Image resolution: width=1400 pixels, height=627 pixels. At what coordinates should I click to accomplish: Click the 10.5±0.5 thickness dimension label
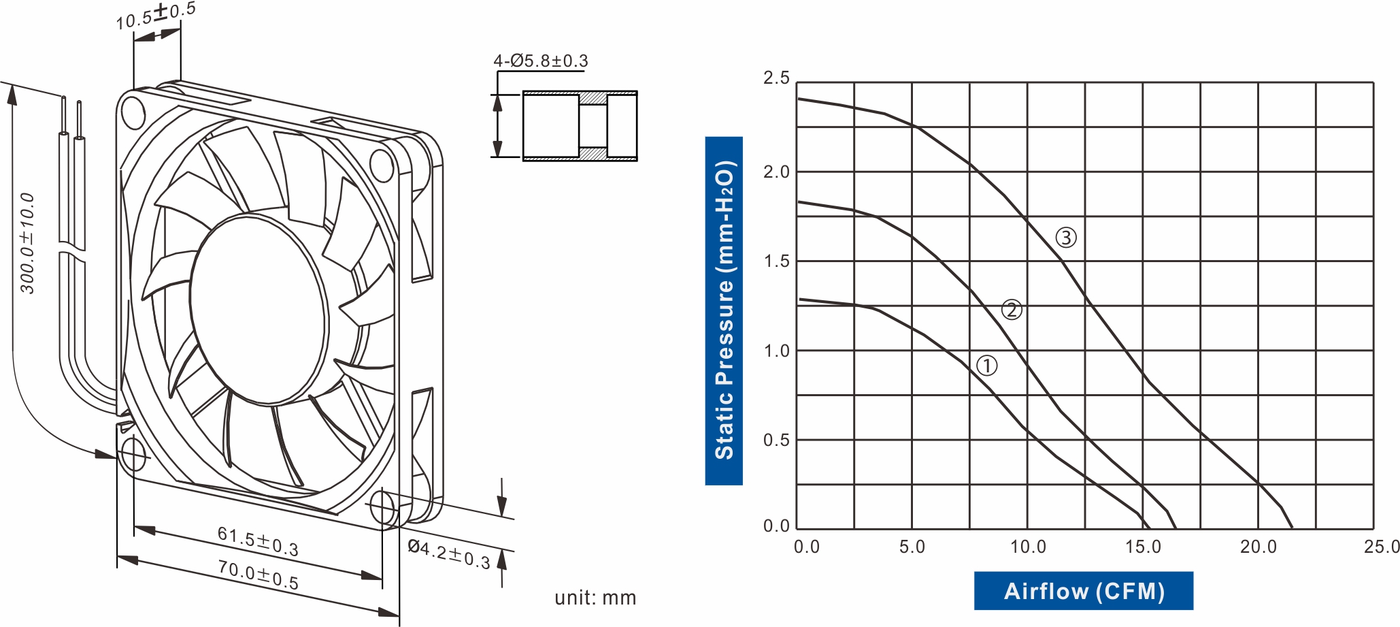click(x=156, y=16)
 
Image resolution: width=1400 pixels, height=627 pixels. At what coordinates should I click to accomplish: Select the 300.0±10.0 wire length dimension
click(x=27, y=243)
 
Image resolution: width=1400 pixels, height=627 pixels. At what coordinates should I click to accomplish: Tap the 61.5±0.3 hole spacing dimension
click(x=258, y=541)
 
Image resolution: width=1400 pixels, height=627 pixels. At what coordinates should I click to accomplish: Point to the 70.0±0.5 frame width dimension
click(x=258, y=575)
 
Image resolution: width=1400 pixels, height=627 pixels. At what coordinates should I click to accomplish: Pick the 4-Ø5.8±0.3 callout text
click(x=541, y=61)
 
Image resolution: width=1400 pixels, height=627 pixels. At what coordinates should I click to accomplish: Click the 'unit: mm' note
click(x=595, y=598)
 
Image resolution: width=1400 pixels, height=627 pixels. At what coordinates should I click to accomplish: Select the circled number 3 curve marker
click(x=1066, y=238)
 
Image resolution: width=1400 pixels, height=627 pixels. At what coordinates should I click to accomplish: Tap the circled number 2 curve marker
click(x=1012, y=310)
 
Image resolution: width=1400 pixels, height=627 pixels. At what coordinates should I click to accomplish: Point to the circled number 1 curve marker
click(x=987, y=366)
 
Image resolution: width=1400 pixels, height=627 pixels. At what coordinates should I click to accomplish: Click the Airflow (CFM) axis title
click(x=1084, y=591)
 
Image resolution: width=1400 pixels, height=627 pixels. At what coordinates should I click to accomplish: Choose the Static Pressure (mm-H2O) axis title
click(x=724, y=310)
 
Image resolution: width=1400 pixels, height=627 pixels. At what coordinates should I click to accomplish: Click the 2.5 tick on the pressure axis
click(x=776, y=78)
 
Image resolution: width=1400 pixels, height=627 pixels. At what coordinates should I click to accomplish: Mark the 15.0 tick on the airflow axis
click(x=1143, y=547)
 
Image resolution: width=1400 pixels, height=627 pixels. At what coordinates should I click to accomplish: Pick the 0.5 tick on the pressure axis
click(x=776, y=440)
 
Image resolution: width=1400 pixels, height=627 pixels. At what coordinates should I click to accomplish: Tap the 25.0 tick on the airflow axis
click(x=1382, y=547)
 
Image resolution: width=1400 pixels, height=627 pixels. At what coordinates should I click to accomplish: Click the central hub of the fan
click(x=259, y=310)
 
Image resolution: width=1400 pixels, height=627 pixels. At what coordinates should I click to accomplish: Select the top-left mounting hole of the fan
click(x=132, y=112)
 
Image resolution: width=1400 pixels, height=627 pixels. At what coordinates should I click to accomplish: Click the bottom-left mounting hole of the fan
click(x=133, y=454)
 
